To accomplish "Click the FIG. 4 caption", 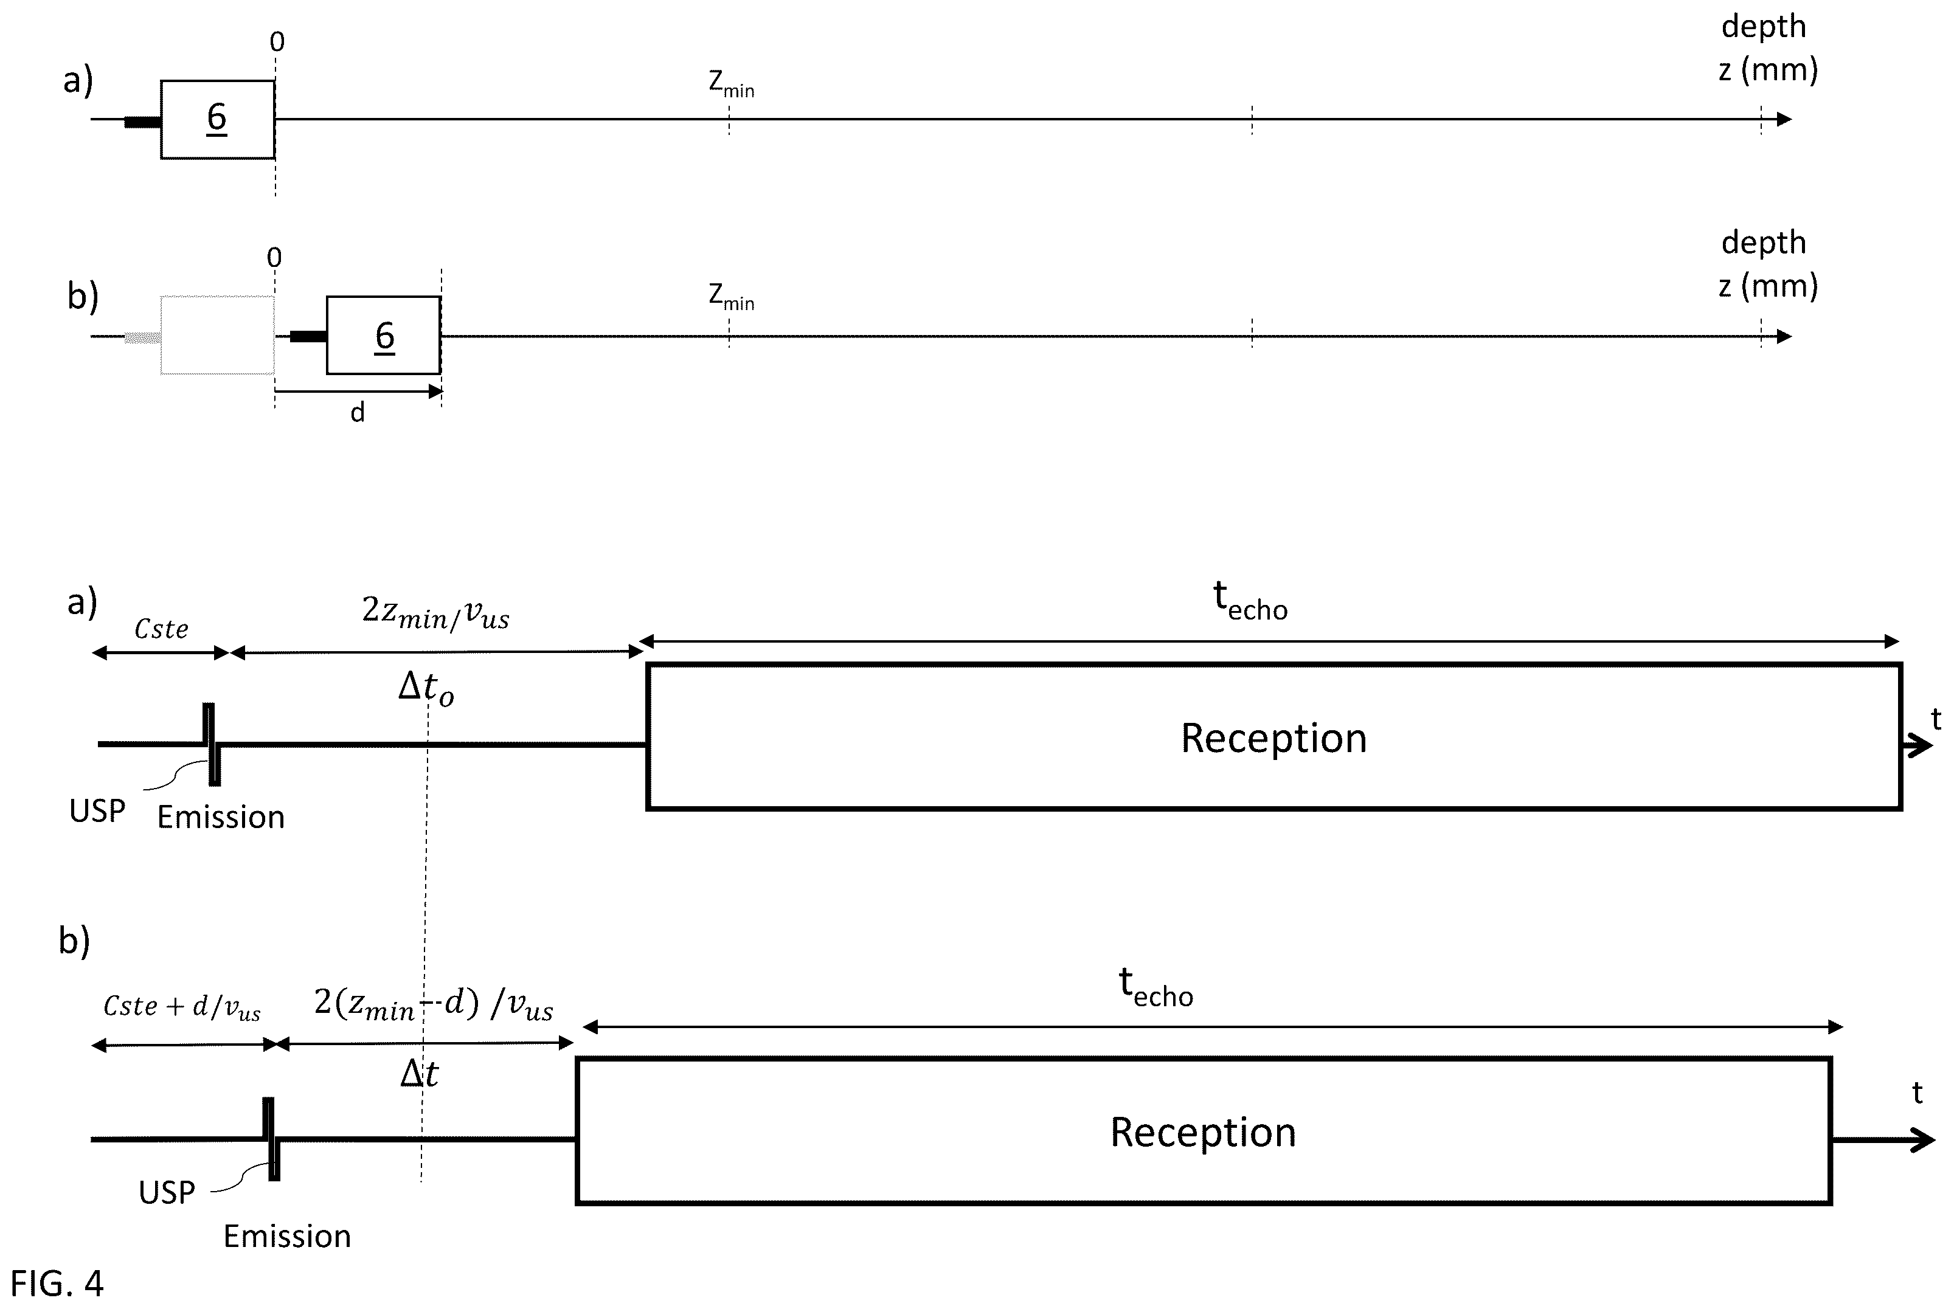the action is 57,1282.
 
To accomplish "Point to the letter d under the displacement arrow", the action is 358,412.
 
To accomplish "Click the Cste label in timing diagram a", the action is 161,629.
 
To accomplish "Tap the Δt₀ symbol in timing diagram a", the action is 426,689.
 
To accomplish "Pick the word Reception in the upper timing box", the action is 1273,738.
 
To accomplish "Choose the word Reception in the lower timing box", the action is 1202,1133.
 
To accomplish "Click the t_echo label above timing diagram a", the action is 1250,601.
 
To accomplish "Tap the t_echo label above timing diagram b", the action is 1155,987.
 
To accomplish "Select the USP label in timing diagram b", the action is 167,1192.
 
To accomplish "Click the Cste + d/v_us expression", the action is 182,1007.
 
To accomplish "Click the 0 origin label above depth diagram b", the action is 274,258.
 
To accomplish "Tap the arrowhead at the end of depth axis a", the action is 1784,119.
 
